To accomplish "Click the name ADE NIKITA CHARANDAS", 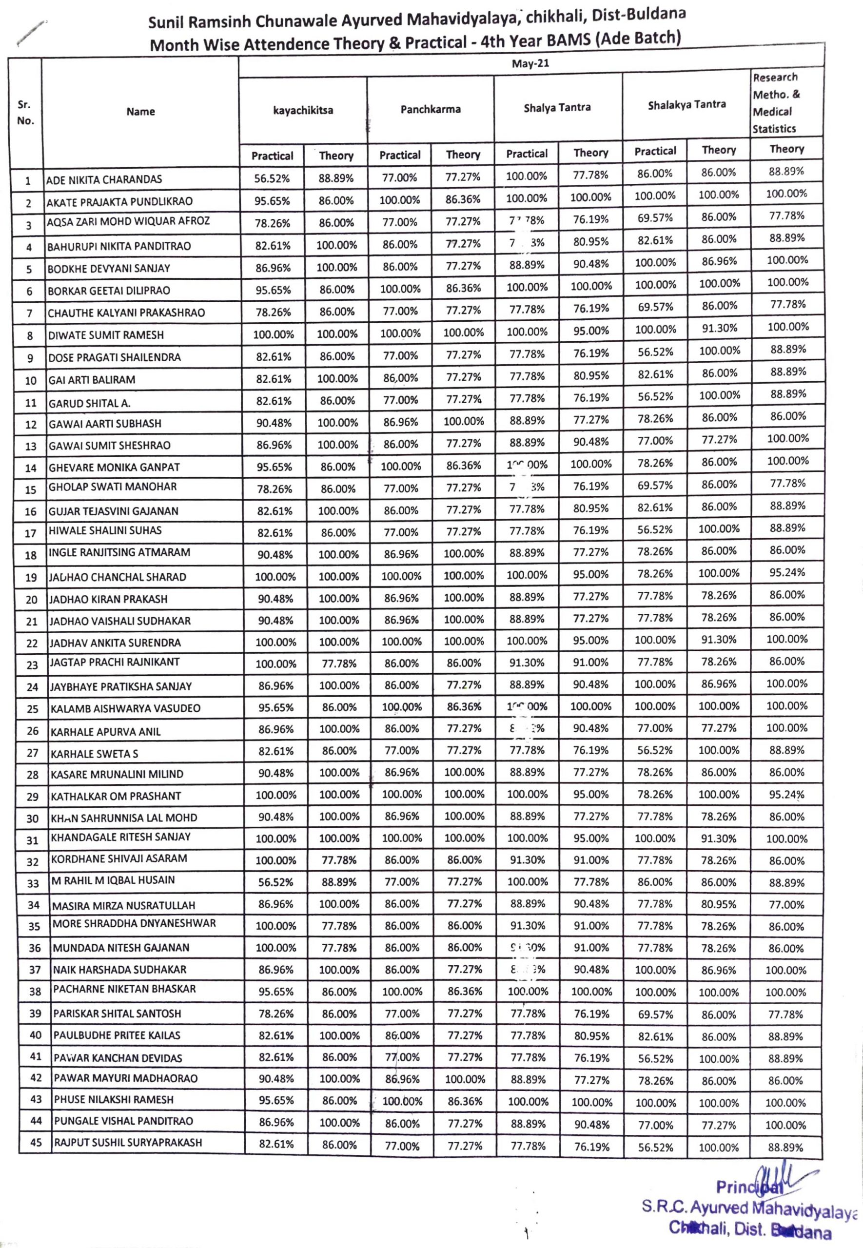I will point(104,179).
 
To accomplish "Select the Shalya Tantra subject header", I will point(557,108).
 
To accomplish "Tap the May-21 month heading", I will point(530,64).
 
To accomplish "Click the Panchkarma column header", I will point(431,109).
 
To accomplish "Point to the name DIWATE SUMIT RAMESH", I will point(106,335).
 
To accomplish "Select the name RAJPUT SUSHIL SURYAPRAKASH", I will point(128,1143).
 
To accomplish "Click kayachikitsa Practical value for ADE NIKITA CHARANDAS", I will point(272,179).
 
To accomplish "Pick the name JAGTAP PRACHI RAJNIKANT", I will point(115,662).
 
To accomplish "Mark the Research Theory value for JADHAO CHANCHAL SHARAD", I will point(787,572).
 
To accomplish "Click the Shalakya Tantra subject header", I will point(686,105).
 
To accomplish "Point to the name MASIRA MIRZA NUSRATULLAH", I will point(123,905).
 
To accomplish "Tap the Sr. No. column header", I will point(25,113).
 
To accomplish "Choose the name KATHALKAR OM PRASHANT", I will point(116,796).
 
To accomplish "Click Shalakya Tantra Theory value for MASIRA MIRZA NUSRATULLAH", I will point(719,904).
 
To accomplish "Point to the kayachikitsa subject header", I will point(303,111).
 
